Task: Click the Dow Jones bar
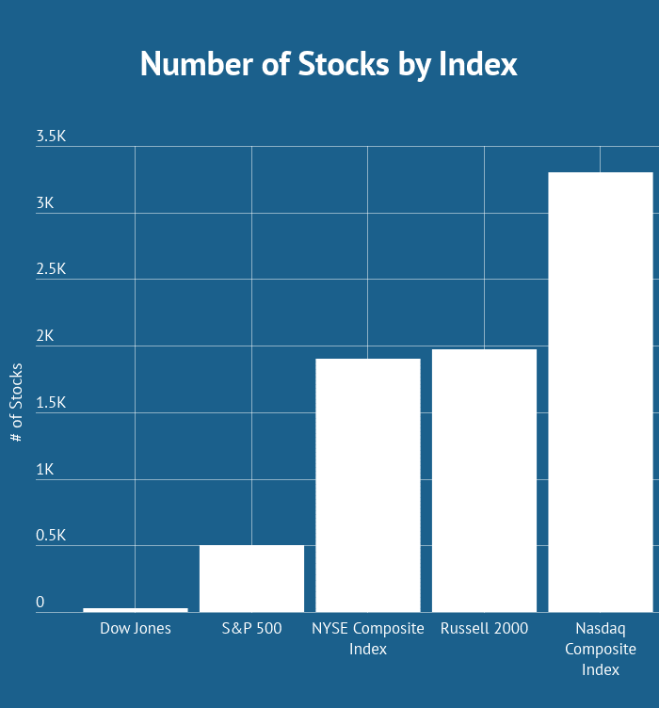[135, 610]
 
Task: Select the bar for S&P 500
[251, 578]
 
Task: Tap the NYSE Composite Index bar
[367, 485]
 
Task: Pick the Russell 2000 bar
[484, 480]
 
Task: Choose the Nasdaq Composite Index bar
[601, 392]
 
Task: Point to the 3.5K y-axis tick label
[51, 137]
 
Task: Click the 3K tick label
[45, 203]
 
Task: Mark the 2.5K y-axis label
[51, 269]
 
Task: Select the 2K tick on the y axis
[45, 336]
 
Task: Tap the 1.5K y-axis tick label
[51, 403]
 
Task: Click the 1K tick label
[45, 470]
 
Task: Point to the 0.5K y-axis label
[51, 536]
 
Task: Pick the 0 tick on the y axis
[40, 603]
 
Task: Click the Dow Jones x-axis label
[136, 628]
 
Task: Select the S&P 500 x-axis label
[251, 628]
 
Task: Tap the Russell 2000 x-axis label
[484, 628]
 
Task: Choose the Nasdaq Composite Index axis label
[601, 649]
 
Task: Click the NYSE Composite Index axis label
[367, 638]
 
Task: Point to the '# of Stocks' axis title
[17, 403]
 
